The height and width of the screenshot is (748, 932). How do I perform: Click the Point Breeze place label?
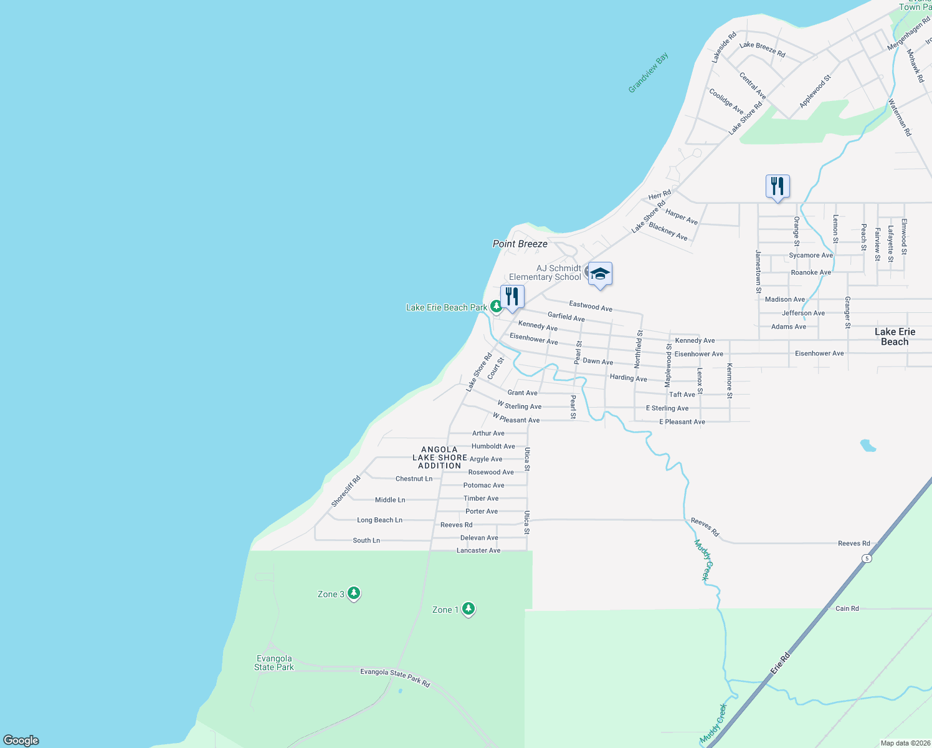pos(520,244)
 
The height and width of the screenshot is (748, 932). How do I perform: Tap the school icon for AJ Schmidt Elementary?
pos(600,274)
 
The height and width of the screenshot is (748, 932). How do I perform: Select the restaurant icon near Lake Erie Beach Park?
pos(512,297)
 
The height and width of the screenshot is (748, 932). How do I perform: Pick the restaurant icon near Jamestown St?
pos(777,186)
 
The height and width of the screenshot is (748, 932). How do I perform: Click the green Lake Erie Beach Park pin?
pos(496,306)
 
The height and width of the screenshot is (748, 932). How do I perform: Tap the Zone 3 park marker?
pos(354,593)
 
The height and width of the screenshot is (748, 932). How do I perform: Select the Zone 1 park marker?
pos(468,608)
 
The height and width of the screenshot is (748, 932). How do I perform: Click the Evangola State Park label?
pos(274,663)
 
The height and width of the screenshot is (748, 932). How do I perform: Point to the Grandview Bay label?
pos(648,73)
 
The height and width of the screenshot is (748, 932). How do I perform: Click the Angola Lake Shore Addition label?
pos(440,458)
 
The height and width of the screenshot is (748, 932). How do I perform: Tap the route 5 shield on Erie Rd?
pos(867,559)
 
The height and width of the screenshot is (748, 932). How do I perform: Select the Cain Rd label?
pos(847,608)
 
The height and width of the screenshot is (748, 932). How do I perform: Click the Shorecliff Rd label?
pos(346,491)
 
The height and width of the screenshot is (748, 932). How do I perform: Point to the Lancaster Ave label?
pos(478,550)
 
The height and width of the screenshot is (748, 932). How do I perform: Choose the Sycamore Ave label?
pos(811,255)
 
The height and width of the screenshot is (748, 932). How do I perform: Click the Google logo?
pos(21,741)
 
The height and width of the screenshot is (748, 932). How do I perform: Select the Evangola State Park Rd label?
pos(395,677)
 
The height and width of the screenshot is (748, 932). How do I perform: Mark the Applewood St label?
pos(815,91)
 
